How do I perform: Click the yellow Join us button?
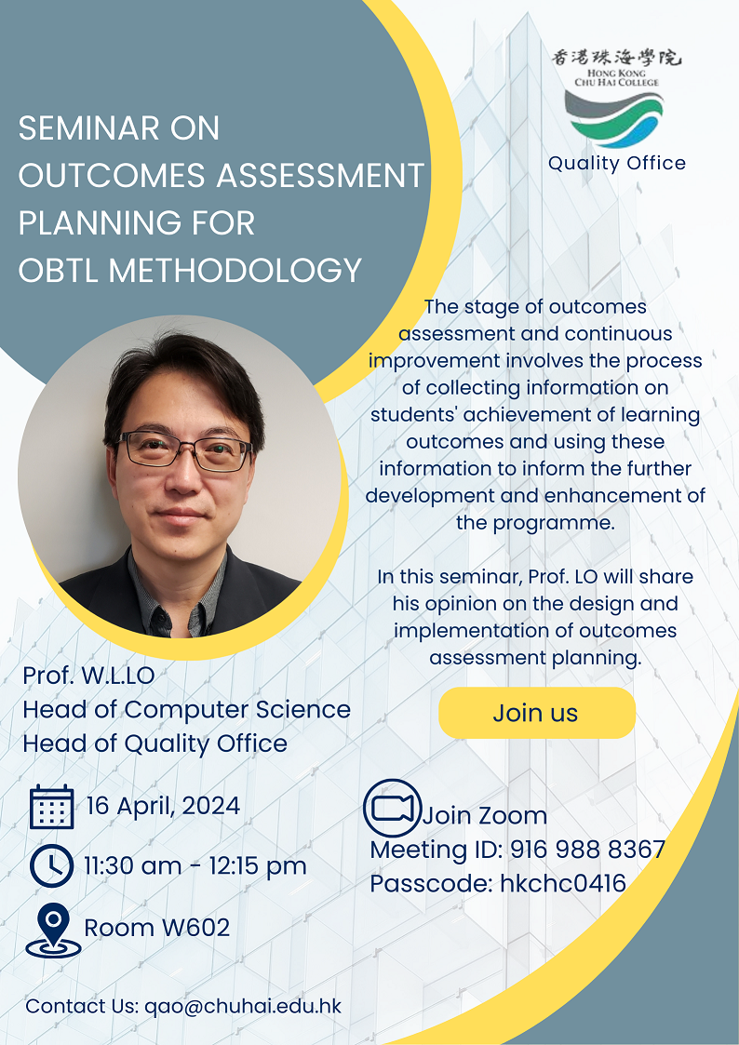click(536, 713)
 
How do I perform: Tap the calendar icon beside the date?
click(52, 807)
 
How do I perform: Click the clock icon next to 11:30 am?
click(52, 865)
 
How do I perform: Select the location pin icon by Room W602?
click(53, 930)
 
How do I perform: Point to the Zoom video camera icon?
click(393, 808)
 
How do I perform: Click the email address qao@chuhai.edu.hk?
click(243, 1006)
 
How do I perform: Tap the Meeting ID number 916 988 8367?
click(587, 849)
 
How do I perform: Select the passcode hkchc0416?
click(563, 883)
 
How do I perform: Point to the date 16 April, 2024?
click(163, 806)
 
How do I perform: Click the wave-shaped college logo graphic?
click(613, 118)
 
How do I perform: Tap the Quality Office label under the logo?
click(617, 163)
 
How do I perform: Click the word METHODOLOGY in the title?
click(235, 271)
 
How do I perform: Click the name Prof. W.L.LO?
click(88, 676)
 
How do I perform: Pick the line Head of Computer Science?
click(186, 709)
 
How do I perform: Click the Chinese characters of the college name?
click(616, 58)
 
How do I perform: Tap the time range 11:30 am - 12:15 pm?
click(195, 865)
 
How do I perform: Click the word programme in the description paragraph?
click(553, 523)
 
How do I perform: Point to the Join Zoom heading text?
click(485, 815)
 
